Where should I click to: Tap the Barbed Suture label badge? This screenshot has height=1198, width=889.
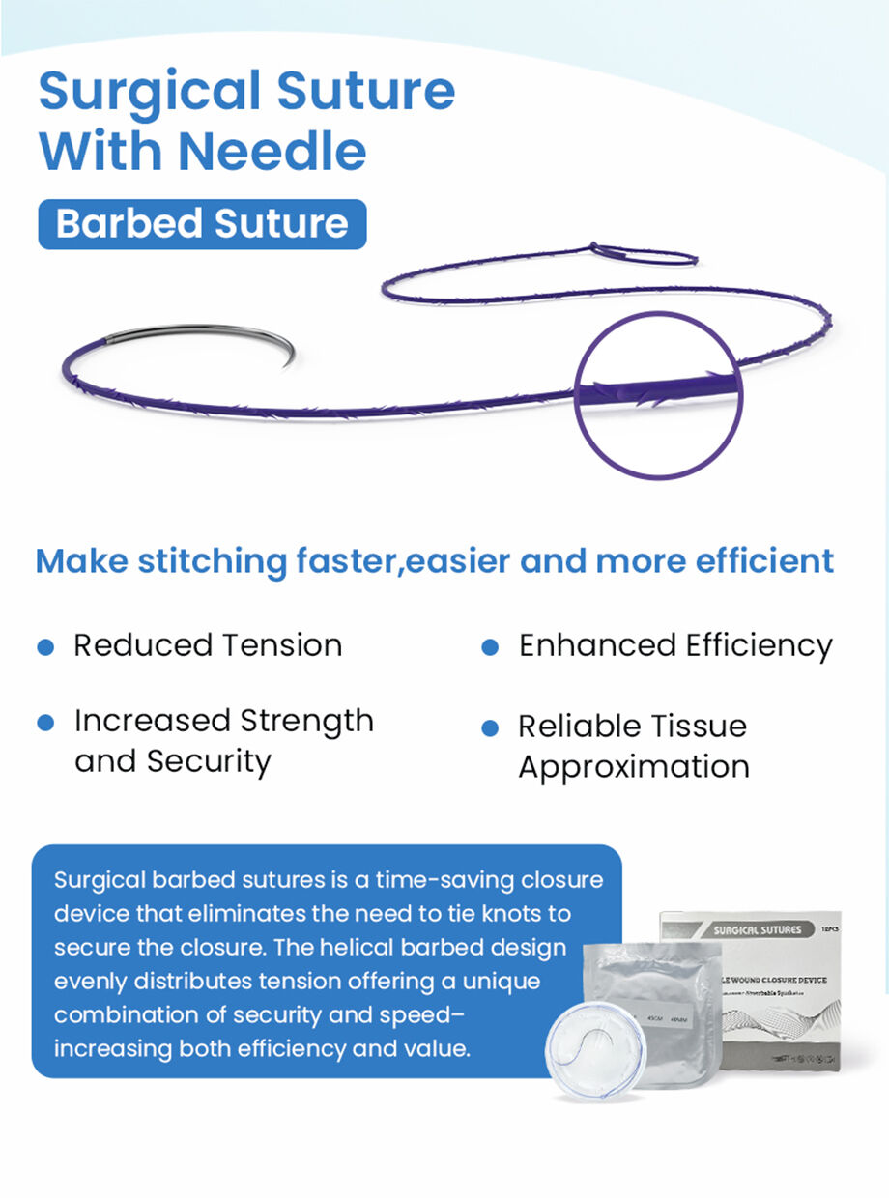[x=202, y=224]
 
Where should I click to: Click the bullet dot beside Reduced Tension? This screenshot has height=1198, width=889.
[x=44, y=646]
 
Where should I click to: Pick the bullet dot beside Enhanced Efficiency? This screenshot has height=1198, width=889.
[x=490, y=646]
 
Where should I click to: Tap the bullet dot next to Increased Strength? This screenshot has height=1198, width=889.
[x=44, y=723]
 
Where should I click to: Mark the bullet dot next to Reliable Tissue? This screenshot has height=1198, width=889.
[x=490, y=727]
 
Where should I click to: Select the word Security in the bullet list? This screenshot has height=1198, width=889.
[x=209, y=761]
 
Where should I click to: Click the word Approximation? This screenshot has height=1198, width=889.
[x=634, y=767]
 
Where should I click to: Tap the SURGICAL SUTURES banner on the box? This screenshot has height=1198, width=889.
[x=758, y=929]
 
